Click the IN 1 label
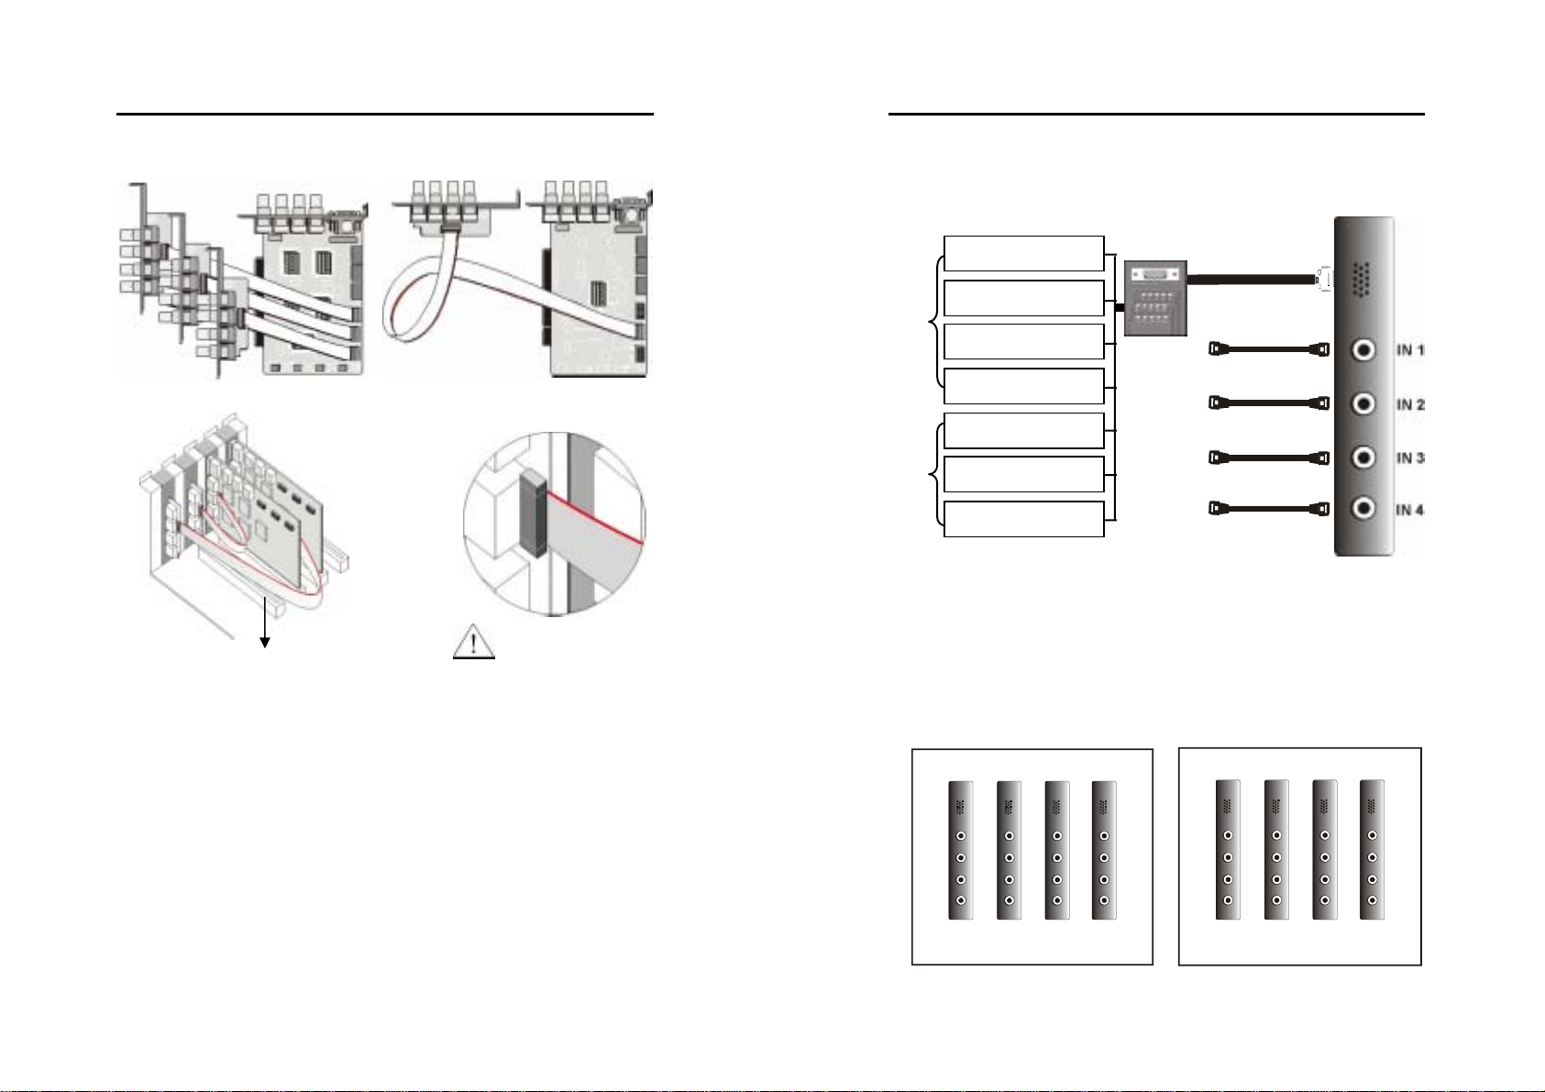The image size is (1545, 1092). (1410, 350)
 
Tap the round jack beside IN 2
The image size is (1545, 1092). (1363, 403)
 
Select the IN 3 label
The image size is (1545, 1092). (1410, 458)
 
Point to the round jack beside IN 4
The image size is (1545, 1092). (1363, 508)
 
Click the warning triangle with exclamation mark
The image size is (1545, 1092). (474, 642)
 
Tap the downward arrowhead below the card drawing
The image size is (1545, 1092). (264, 642)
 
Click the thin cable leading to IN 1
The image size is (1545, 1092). (1269, 349)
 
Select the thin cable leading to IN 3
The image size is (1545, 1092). (1269, 458)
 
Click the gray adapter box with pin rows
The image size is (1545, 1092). (1155, 298)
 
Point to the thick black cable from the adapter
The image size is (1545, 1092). (1252, 280)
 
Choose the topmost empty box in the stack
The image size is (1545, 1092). (1023, 253)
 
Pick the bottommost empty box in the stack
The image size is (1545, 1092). (1023, 519)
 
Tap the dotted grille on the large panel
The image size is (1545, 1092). (1361, 280)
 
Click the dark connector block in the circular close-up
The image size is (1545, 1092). (534, 513)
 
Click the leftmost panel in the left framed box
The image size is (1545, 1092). (961, 850)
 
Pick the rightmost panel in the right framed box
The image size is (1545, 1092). (1372, 849)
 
